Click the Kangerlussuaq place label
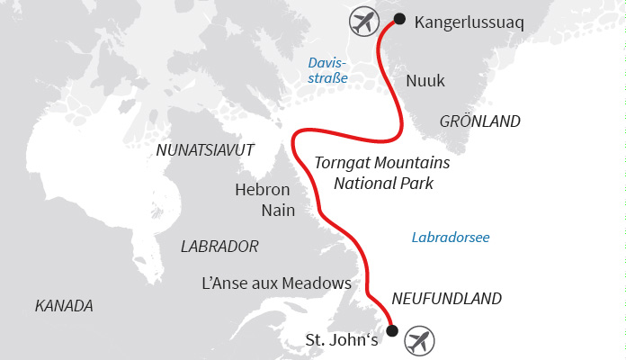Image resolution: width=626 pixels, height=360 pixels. coord(469,21)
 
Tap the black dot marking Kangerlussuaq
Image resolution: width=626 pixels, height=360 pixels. coord(399,18)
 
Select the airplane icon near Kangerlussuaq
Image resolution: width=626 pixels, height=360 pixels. coord(362,22)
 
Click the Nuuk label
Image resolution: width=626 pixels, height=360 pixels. coord(425,81)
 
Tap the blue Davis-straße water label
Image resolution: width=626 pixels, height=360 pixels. coord(327,71)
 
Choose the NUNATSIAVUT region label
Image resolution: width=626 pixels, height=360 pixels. coord(205,148)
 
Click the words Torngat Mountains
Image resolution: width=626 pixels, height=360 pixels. coord(382,164)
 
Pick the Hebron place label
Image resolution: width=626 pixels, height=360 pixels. coord(262,190)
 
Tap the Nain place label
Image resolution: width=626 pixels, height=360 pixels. coord(278,211)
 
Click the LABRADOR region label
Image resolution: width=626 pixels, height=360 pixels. coord(219,246)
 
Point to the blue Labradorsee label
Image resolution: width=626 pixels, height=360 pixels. coord(450,238)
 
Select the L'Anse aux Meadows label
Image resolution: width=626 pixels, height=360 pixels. coord(274,283)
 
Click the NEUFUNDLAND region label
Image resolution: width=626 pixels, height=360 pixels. coord(446,299)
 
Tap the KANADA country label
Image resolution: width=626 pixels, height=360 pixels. coord(64,306)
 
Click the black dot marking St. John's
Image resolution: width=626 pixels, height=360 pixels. coord(391,331)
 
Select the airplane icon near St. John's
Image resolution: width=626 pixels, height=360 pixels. coord(418,341)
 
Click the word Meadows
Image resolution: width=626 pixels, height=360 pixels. coord(316,283)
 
